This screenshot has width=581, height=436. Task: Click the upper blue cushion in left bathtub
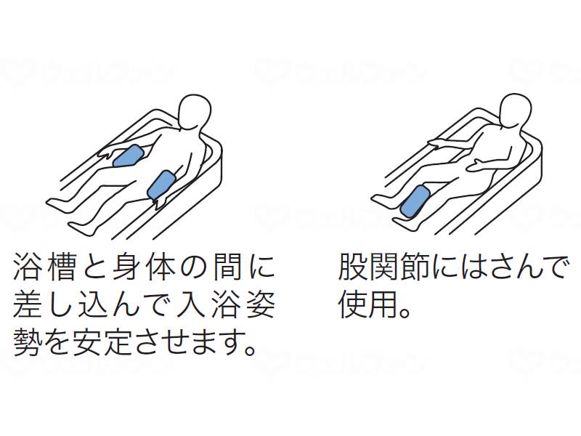pos(129,156)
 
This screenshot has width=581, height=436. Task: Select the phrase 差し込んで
pos(98,306)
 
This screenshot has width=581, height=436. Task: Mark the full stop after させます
pos(252,352)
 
